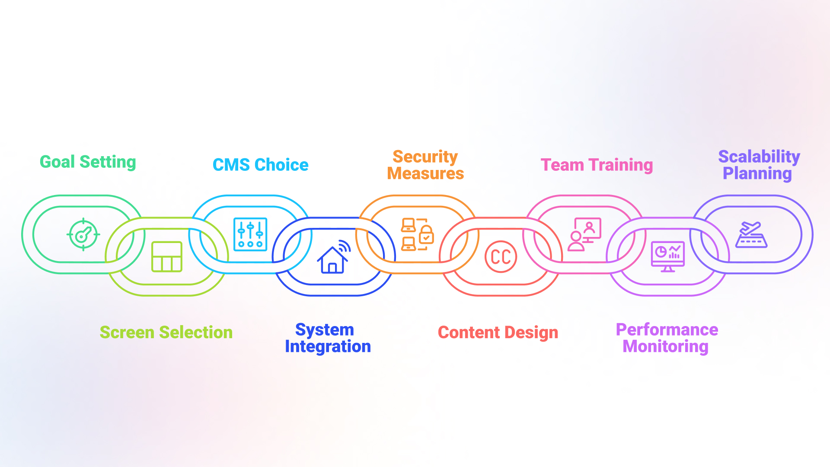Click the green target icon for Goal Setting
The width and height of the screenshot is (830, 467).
(83, 235)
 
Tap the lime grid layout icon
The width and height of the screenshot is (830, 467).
(166, 257)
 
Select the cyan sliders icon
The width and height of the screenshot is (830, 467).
(250, 235)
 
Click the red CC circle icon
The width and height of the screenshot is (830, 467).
(501, 257)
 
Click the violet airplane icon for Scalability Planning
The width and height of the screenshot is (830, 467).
(751, 235)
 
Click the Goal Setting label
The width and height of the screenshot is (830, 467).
(88, 162)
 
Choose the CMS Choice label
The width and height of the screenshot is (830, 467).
(260, 165)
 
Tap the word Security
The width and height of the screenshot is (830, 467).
(425, 157)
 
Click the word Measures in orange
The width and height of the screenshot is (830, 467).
(425, 173)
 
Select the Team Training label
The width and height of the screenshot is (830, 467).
(597, 165)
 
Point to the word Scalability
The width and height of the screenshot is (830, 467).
(759, 157)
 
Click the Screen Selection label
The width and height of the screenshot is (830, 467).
(166, 332)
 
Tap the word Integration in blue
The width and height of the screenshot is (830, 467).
(328, 346)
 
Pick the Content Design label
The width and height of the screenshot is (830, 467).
(498, 332)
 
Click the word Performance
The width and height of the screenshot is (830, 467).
(667, 329)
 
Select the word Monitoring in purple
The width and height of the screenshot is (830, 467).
(665, 346)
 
